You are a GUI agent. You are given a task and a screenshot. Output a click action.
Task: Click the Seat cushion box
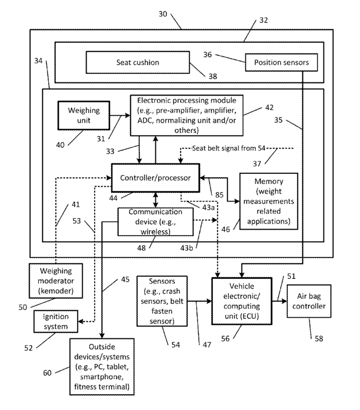point(137,62)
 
